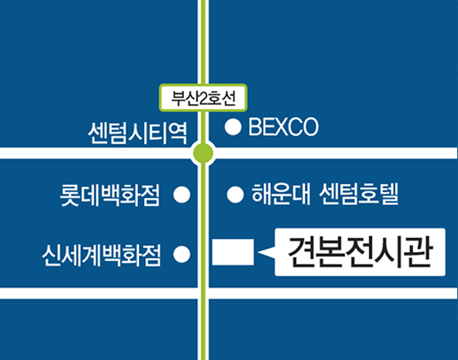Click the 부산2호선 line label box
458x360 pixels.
(x=204, y=98)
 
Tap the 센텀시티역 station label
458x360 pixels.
(x=137, y=133)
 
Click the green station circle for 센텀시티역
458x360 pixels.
(x=204, y=153)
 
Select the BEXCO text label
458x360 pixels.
(x=283, y=127)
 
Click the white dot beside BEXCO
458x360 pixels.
(x=233, y=127)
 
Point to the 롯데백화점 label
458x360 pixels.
(x=110, y=195)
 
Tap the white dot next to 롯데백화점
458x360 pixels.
(x=182, y=195)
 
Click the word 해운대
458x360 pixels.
(x=281, y=194)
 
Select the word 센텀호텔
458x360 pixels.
(x=359, y=194)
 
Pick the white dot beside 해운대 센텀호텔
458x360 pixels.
(x=236, y=195)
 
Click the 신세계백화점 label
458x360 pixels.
(x=101, y=254)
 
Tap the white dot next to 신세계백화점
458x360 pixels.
(x=182, y=254)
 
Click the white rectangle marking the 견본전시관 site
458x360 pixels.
(x=233, y=252)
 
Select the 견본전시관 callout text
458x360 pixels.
(x=360, y=252)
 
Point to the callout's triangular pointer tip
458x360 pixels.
(x=258, y=252)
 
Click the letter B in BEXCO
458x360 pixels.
(x=254, y=127)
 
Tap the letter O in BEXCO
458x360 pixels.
(x=310, y=127)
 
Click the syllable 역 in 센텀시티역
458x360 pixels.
(x=177, y=133)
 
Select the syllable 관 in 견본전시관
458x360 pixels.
(x=418, y=252)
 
